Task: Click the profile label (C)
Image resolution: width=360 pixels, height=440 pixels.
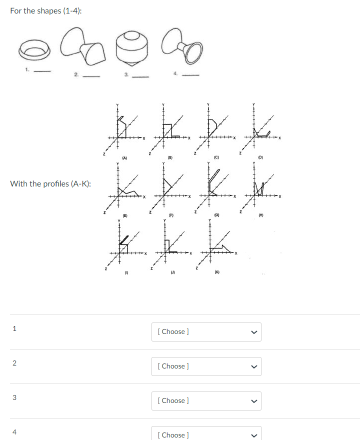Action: point(215,158)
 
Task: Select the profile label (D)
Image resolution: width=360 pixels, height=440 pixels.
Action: point(260,158)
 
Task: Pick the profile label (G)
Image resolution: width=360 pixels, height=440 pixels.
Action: point(215,215)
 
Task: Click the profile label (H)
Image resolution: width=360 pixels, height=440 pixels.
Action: point(260,215)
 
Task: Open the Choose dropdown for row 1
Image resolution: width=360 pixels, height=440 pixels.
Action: point(206,331)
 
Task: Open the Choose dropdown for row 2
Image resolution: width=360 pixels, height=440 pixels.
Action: point(206,366)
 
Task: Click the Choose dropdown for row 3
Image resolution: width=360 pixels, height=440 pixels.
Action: point(206,400)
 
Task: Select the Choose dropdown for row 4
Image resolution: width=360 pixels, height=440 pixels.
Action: point(206,434)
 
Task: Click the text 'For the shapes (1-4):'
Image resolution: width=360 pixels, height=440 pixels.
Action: point(46,11)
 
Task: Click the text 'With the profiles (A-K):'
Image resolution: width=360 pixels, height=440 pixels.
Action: point(50,183)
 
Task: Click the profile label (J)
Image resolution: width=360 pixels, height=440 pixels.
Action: point(171,273)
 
